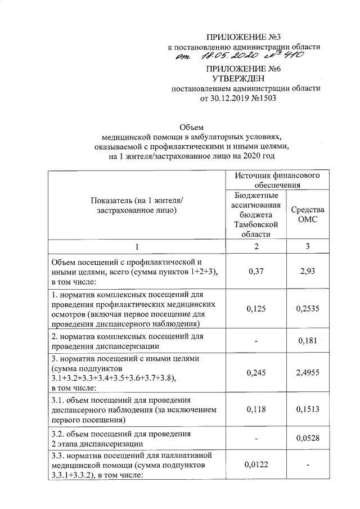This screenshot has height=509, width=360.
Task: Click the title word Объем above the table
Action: tap(189, 127)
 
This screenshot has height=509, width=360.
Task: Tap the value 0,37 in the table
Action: tap(256, 271)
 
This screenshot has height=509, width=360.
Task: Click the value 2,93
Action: tap(307, 271)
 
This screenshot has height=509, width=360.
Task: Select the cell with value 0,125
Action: tap(256, 309)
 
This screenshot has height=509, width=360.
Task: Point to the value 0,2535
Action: tap(307, 309)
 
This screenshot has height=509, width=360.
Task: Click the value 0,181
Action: tap(307, 340)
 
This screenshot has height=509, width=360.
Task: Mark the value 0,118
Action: tap(256, 410)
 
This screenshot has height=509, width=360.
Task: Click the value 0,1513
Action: tap(307, 410)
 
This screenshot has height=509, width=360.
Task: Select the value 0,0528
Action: tap(307, 438)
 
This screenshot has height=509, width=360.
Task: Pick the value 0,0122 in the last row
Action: tap(256, 465)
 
